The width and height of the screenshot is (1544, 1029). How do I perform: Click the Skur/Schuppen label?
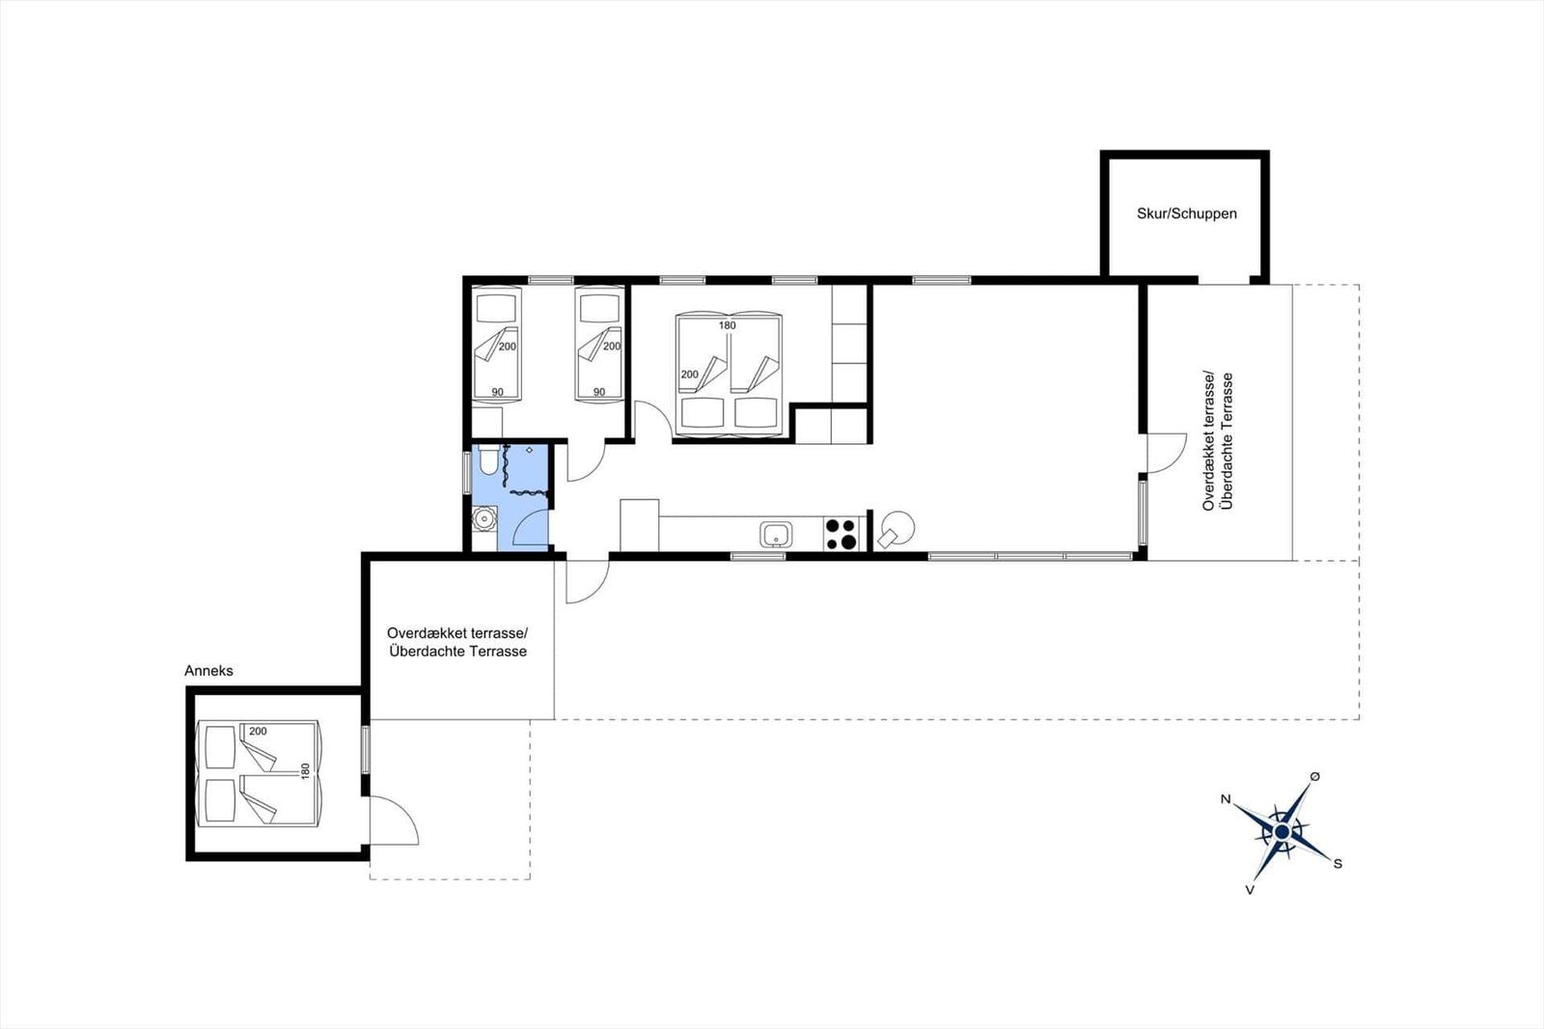pyautogui.click(x=1186, y=213)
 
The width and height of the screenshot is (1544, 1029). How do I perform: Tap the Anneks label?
pyautogui.click(x=208, y=670)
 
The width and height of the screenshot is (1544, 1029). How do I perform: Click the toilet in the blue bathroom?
pyautogui.click(x=488, y=459)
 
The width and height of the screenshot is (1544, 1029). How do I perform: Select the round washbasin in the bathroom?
pyautogui.click(x=484, y=518)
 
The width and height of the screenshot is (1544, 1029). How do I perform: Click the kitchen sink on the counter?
pyautogui.click(x=776, y=534)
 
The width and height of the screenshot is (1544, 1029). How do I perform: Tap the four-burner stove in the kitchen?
pyautogui.click(x=841, y=534)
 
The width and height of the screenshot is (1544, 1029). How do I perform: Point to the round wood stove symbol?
pyautogui.click(x=896, y=530)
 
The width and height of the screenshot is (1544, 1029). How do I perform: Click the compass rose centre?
pyautogui.click(x=1282, y=832)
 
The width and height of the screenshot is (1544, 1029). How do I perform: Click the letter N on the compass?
pyautogui.click(x=1226, y=799)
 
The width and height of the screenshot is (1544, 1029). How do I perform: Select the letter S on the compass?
pyautogui.click(x=1337, y=864)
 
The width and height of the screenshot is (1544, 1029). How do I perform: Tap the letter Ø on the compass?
pyautogui.click(x=1315, y=777)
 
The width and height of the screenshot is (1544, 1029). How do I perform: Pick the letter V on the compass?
pyautogui.click(x=1250, y=890)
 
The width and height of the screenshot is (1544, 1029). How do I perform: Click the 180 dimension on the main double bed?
pyautogui.click(x=728, y=325)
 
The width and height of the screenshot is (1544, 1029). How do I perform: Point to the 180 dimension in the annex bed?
pyautogui.click(x=305, y=771)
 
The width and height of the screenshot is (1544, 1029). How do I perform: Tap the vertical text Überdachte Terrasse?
pyautogui.click(x=1227, y=441)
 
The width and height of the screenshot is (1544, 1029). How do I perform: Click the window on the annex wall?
pyautogui.click(x=366, y=748)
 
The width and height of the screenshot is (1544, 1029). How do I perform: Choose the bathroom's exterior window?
pyautogui.click(x=467, y=473)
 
